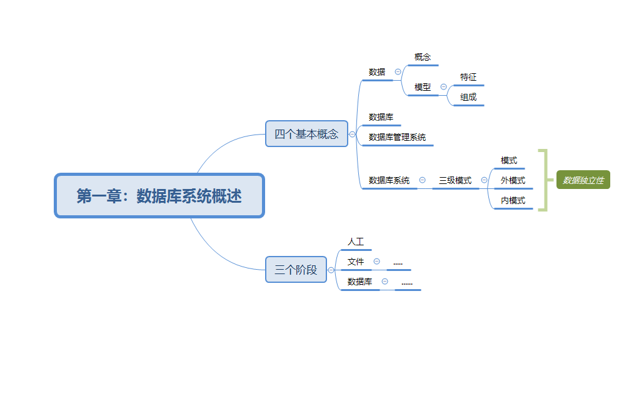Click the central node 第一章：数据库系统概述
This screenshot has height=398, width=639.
[x=159, y=196]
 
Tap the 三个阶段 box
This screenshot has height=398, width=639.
[x=296, y=270]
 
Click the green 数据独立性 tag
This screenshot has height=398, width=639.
[x=583, y=180]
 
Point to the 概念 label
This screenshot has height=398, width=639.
[x=423, y=57]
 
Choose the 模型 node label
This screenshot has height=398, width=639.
[x=423, y=87]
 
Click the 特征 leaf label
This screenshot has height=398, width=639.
[x=468, y=77]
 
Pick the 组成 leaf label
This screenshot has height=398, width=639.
[x=468, y=97]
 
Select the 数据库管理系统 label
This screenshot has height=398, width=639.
[x=397, y=137]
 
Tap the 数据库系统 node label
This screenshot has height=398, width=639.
[x=389, y=180]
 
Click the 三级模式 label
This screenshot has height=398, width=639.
[x=455, y=180]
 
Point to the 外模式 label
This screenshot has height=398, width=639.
[x=513, y=180]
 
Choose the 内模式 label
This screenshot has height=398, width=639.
[x=513, y=200]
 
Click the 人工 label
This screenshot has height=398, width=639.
[x=355, y=241]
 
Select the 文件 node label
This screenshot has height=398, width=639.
[x=355, y=262]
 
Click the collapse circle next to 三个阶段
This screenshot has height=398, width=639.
[x=331, y=270]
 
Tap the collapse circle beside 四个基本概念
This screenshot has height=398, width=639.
[x=352, y=134]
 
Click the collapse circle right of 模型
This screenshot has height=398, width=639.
[x=443, y=87]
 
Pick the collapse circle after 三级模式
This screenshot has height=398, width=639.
[x=484, y=180]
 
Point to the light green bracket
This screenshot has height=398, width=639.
[x=543, y=180]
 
